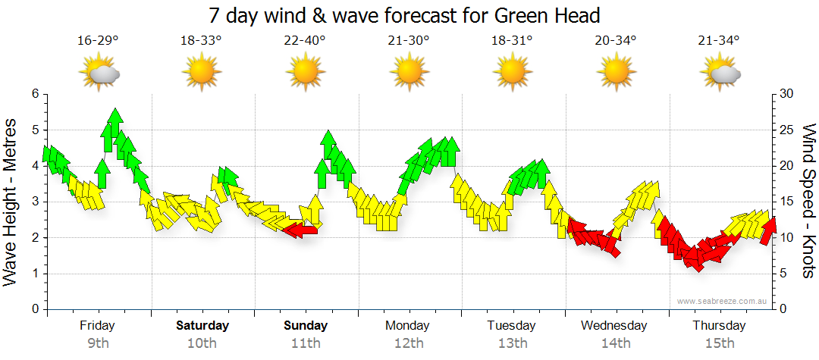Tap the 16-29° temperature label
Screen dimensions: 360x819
98,41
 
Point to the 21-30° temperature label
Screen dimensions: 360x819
409,41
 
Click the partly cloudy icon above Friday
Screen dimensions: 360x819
99,74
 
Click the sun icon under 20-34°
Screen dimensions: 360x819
616,74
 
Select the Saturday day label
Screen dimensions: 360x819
202,326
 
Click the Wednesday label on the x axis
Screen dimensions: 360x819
614,326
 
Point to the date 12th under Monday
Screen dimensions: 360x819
409,343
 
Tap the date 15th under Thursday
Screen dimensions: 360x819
719,343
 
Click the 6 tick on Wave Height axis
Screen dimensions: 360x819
35,94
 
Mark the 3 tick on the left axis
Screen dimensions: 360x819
35,202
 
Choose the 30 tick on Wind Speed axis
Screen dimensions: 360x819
787,94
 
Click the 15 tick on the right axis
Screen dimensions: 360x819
787,202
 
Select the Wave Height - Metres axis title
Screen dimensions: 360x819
11,202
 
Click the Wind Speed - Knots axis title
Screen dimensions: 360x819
808,202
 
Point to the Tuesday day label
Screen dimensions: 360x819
512,326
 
